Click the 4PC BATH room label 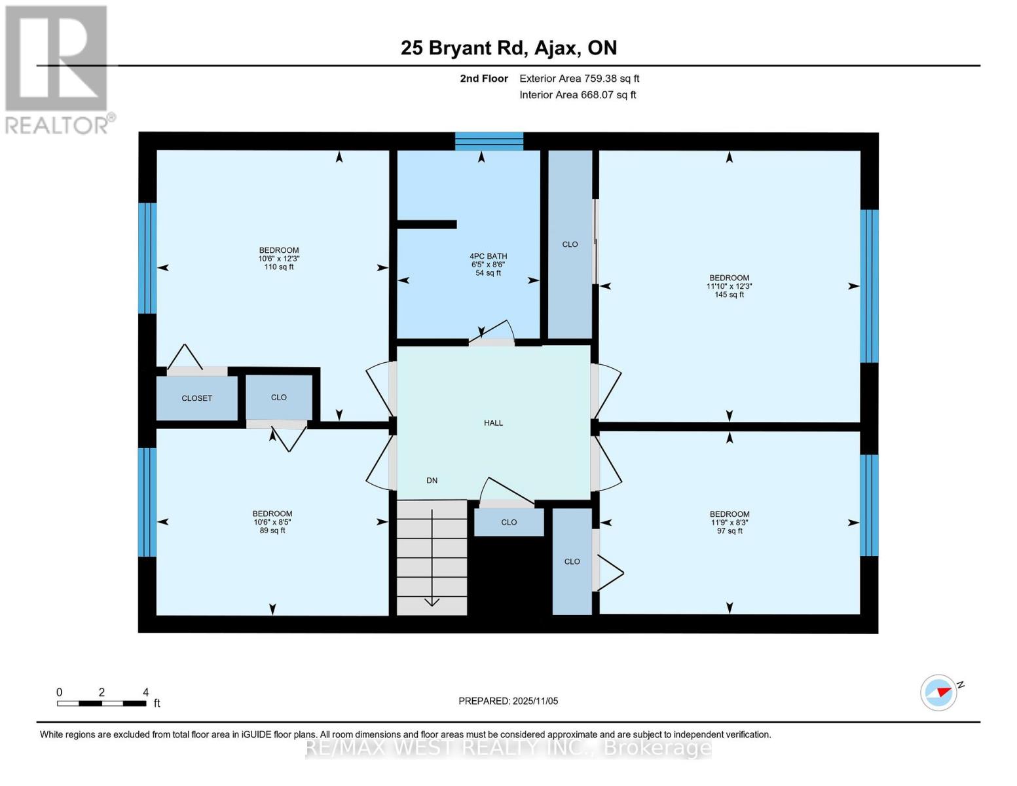coord(488,264)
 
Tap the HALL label coord(493,423)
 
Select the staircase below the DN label coord(432,557)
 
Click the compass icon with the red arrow coord(938,692)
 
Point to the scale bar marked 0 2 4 coord(102,703)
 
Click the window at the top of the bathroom coord(489,141)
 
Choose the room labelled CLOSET coord(196,398)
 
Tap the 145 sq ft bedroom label coord(729,286)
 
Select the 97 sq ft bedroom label coord(729,523)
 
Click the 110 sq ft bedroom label coord(279,259)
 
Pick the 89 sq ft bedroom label coord(272,522)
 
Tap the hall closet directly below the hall coord(509,522)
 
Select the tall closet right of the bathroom coord(570,244)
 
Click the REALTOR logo coord(58,69)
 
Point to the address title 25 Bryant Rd coord(508,48)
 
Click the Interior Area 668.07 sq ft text coord(578,95)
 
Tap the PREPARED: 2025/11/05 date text coord(508,701)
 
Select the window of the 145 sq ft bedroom coord(868,286)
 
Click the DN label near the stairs coord(432,481)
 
